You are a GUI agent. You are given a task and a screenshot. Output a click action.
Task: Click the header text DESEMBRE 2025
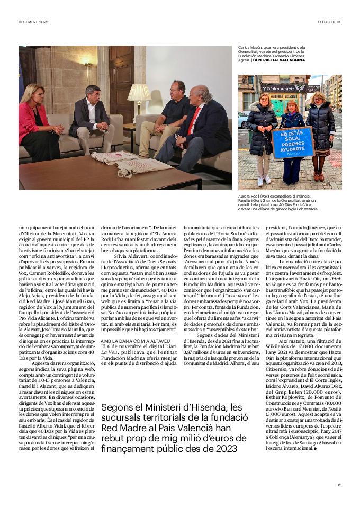33,22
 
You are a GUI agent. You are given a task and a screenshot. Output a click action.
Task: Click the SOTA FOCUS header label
330,22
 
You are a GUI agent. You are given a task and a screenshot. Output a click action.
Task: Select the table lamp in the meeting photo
139,95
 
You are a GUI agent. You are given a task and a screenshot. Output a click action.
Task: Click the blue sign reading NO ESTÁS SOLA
293,141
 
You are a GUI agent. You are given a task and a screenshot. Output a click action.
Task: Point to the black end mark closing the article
315,448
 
